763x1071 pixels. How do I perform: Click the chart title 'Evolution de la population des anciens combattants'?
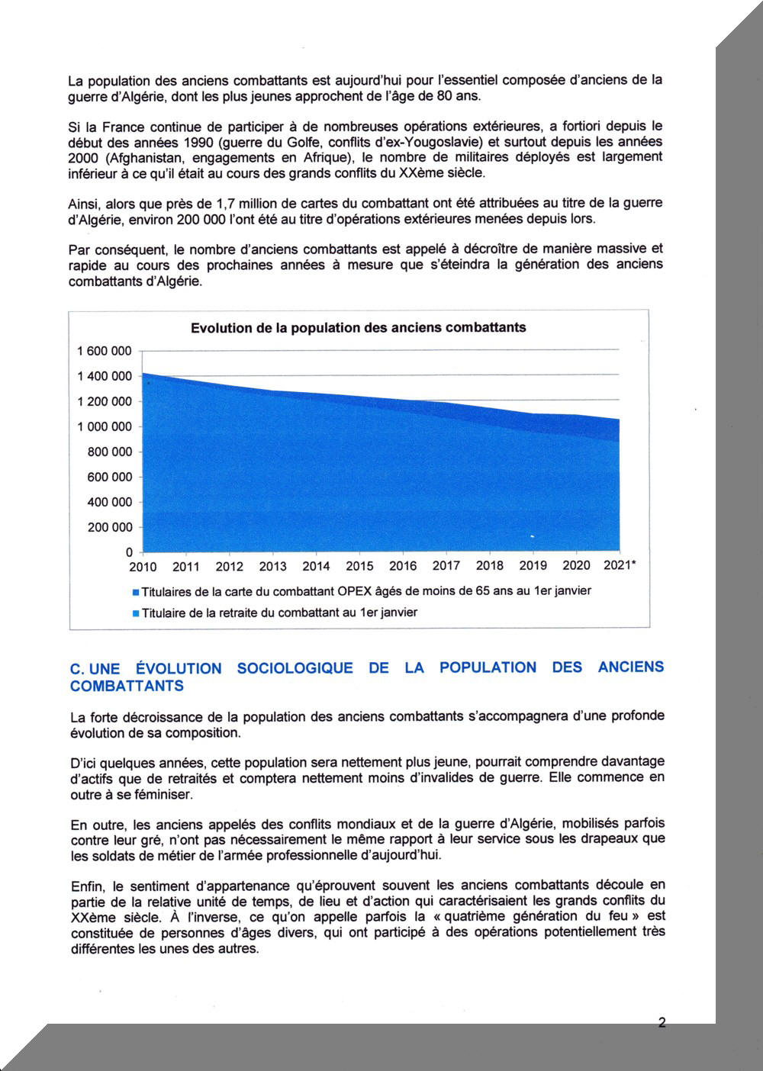[x=358, y=328]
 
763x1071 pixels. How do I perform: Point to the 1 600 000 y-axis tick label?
[x=105, y=351]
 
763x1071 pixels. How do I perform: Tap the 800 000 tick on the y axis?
[x=110, y=452]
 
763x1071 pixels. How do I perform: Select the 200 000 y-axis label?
[x=110, y=527]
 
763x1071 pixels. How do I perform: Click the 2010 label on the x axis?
[x=143, y=567]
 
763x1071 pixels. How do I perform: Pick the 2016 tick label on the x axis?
[x=403, y=566]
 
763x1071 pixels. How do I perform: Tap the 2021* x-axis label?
[x=621, y=566]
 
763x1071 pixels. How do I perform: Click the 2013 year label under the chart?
[x=272, y=567]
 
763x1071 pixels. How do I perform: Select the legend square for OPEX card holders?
[x=136, y=592]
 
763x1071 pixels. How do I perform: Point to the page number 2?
[x=662, y=1023]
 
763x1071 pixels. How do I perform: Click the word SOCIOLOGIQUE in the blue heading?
[x=295, y=668]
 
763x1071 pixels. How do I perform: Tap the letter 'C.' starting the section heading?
[x=76, y=668]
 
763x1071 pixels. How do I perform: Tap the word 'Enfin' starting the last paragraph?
[x=85, y=885]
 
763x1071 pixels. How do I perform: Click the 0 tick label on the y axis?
[x=129, y=552]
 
